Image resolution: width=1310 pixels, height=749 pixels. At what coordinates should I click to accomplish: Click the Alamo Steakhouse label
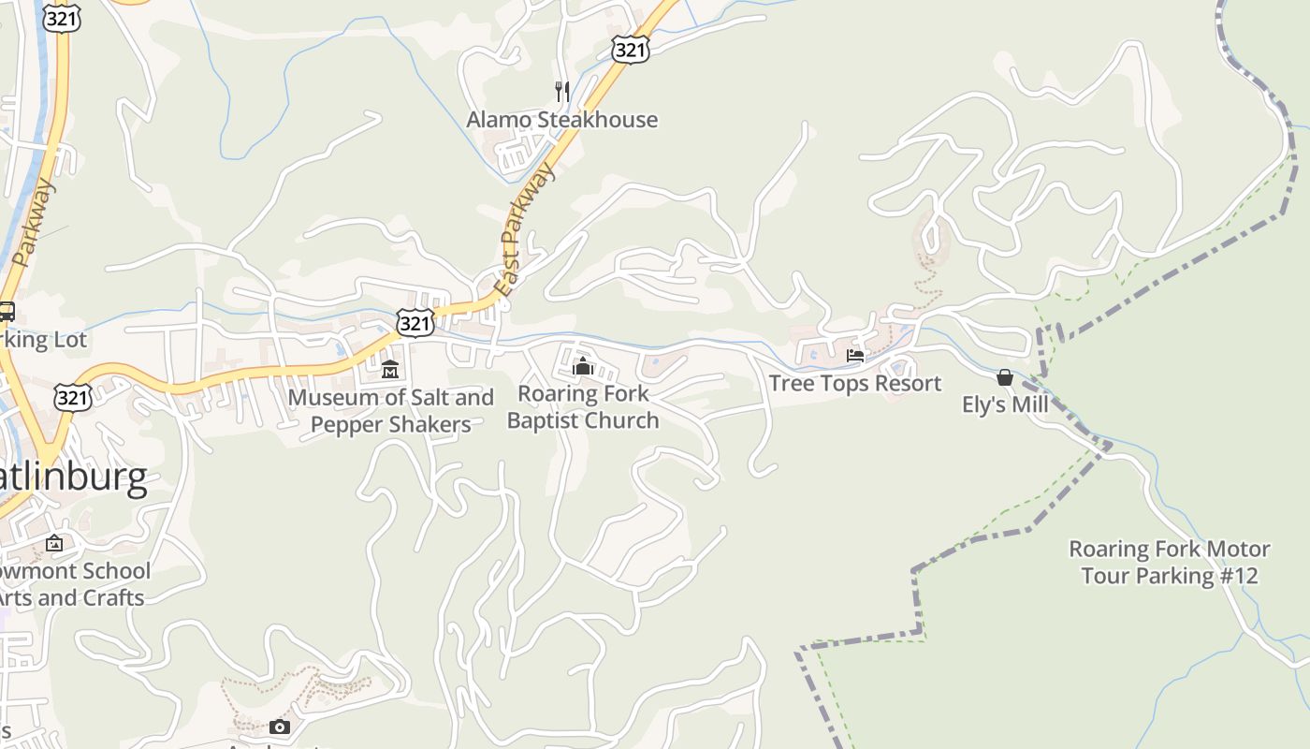561,120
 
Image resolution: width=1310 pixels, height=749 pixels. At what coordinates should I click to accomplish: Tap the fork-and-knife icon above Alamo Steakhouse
561,91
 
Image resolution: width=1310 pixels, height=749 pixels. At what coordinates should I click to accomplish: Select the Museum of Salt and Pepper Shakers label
390,411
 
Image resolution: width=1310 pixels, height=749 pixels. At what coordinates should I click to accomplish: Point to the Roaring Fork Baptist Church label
583,407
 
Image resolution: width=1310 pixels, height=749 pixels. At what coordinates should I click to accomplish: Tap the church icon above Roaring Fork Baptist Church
583,365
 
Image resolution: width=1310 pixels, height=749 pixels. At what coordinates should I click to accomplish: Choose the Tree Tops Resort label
854,384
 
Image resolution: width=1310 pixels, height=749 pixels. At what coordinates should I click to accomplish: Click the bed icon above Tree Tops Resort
854,356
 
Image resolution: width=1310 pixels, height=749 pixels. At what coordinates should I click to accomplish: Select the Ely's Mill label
1005,405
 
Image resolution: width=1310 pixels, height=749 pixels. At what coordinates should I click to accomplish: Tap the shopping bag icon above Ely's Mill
1005,377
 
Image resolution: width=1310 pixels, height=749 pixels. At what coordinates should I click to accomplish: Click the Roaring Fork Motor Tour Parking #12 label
1169,562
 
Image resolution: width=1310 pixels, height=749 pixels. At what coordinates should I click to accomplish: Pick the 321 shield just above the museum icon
415,323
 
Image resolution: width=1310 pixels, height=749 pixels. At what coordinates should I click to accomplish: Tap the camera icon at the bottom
279,727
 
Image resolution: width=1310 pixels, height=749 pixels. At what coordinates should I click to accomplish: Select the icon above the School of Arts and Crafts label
54,543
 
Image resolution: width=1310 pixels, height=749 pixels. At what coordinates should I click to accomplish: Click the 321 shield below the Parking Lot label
72,397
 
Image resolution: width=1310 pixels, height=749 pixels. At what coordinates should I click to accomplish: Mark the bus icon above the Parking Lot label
7,312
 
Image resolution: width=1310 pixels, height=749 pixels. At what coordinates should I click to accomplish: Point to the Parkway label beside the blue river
35,223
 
